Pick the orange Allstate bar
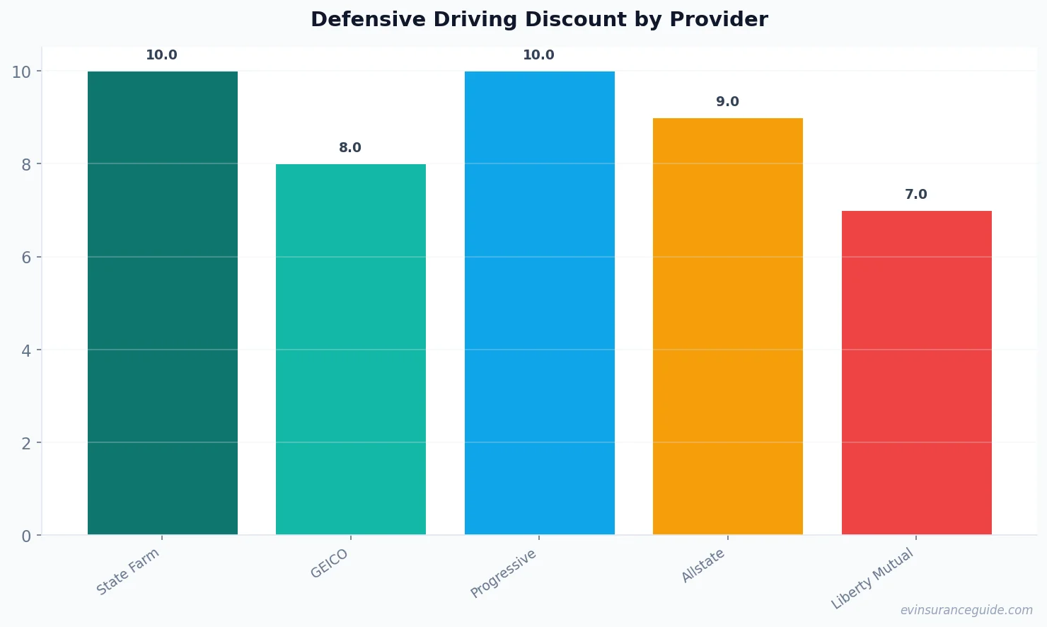click(727, 326)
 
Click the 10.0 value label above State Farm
click(161, 55)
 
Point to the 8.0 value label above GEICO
click(349, 148)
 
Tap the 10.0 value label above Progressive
click(538, 55)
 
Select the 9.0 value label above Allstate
click(727, 102)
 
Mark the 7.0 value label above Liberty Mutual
click(915, 195)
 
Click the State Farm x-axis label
click(128, 572)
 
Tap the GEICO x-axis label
click(329, 564)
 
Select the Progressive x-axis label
click(504, 573)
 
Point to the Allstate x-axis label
click(702, 565)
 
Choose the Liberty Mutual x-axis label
click(872, 579)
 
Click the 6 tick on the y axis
click(26, 258)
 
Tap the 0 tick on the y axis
click(26, 536)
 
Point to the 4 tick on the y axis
click(26, 350)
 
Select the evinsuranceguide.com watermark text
click(966, 610)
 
